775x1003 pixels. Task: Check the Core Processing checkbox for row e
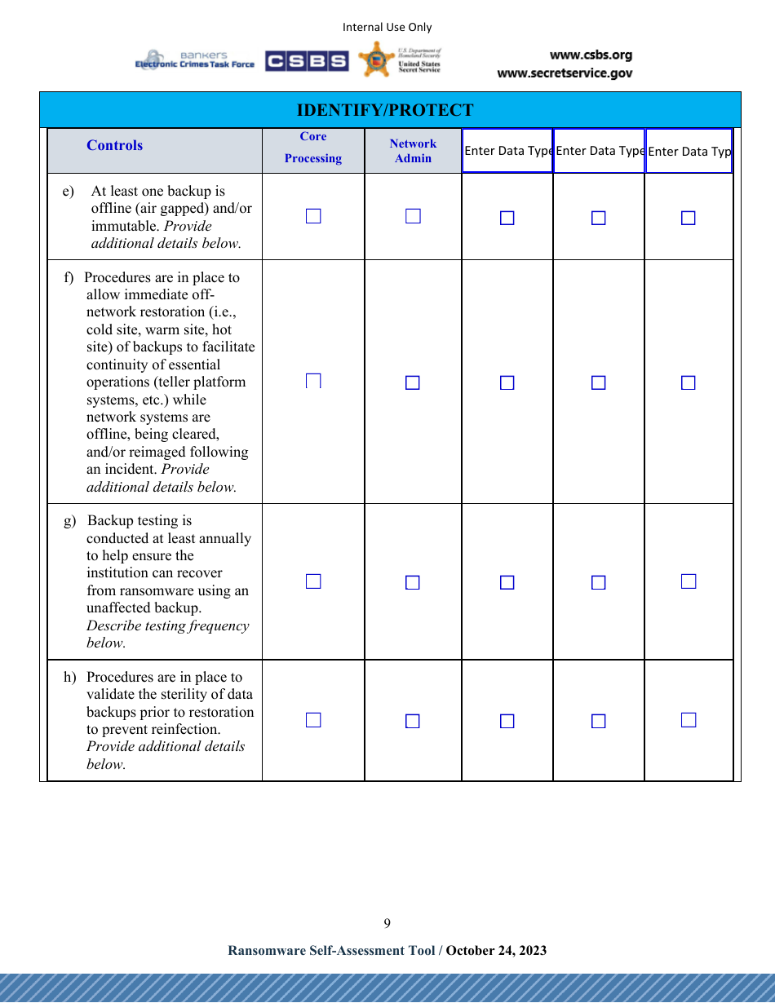click(313, 216)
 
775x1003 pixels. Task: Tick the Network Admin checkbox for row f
click(413, 382)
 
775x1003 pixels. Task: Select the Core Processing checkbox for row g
click(313, 581)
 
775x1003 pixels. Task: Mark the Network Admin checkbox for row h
click(413, 721)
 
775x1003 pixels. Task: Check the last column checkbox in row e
click(689, 218)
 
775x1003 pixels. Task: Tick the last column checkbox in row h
click(689, 720)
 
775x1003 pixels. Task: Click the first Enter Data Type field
click(507, 151)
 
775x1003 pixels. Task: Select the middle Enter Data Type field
click(599, 151)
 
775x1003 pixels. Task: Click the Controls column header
click(114, 145)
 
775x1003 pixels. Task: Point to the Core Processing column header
click(313, 148)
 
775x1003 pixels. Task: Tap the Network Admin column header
click(413, 151)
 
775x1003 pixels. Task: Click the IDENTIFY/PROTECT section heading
click(384, 110)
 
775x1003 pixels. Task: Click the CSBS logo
click(307, 61)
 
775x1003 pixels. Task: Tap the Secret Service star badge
click(376, 60)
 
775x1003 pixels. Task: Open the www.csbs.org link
click(591, 55)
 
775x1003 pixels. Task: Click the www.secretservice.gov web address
click(565, 73)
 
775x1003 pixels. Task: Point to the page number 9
click(387, 923)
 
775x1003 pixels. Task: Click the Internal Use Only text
click(387, 27)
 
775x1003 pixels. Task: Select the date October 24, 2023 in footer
click(496, 950)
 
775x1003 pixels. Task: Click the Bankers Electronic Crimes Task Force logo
click(195, 60)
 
